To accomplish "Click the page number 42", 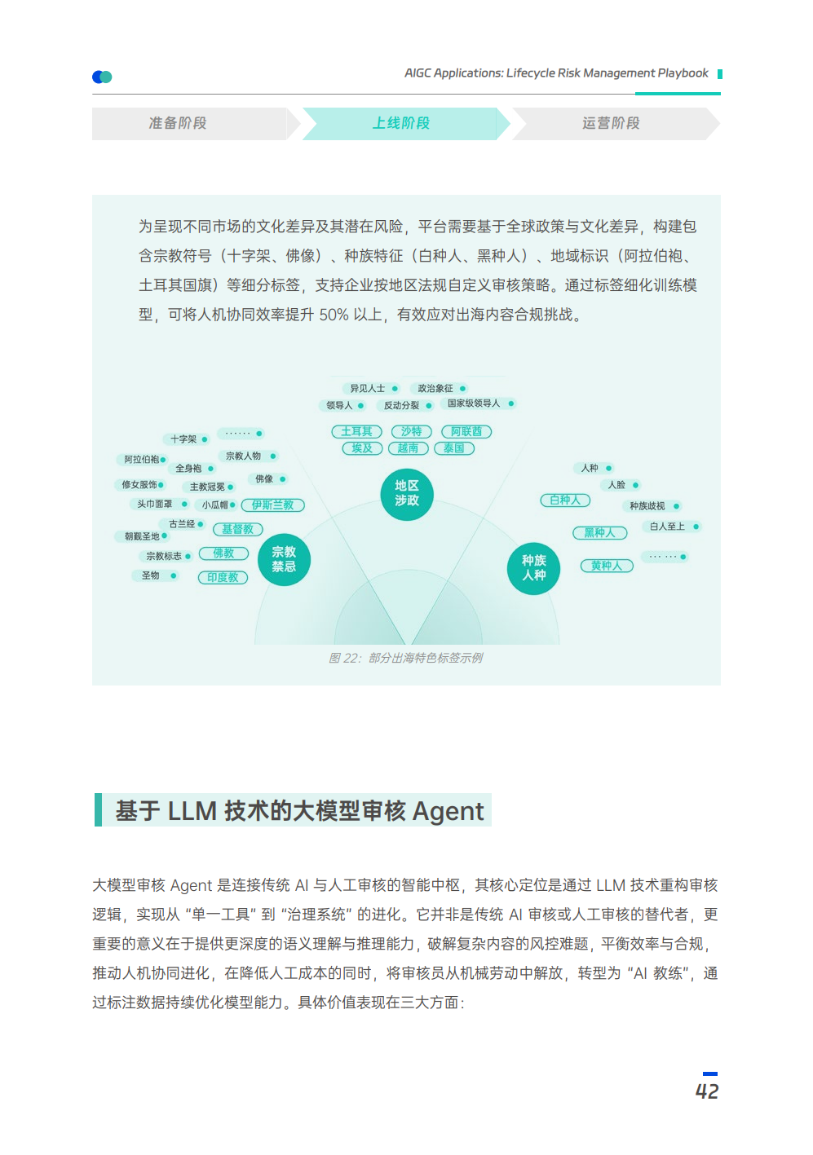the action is [x=707, y=1091].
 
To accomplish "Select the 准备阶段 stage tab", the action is [x=178, y=123].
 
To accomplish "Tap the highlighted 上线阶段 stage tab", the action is [x=401, y=123].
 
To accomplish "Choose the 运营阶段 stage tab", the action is [x=611, y=123].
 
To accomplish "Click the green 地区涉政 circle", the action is [x=407, y=493].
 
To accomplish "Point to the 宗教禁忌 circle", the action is [x=284, y=559].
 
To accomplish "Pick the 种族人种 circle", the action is [x=534, y=567].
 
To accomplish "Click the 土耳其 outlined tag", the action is [x=356, y=431].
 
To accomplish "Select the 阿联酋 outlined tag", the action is [x=466, y=431].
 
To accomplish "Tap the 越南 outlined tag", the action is [x=408, y=448].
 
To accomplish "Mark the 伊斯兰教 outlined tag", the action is [x=272, y=505].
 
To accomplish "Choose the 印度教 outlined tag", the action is [x=223, y=577].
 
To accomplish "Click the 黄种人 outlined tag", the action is [x=607, y=566].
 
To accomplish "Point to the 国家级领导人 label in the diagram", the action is [x=474, y=403].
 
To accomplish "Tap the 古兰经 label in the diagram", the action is [x=182, y=524].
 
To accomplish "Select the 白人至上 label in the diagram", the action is [x=667, y=527].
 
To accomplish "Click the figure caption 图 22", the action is [x=405, y=658].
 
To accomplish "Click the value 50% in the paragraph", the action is [x=334, y=315].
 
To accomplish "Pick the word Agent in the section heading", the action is [x=448, y=811].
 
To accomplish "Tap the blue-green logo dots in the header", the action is [x=102, y=77].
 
